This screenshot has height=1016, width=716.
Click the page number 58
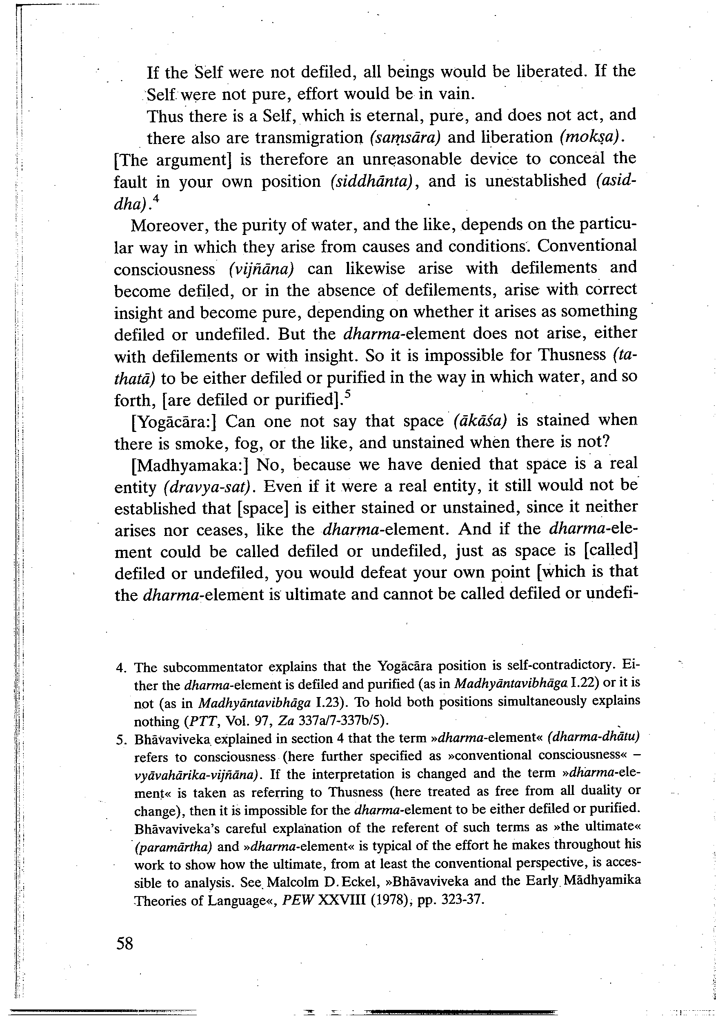[x=125, y=943]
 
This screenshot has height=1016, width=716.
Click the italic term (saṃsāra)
[x=405, y=138]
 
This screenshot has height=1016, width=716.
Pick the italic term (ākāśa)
[x=480, y=421]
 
